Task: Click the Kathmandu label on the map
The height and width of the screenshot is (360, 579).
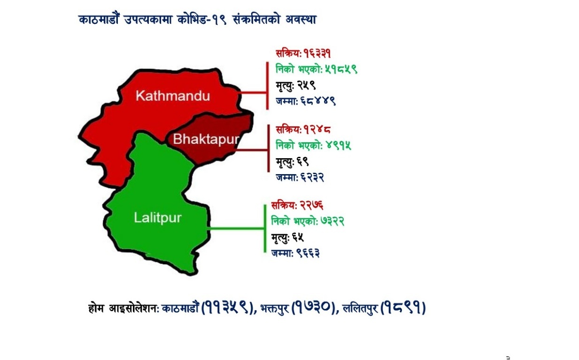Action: (x=173, y=96)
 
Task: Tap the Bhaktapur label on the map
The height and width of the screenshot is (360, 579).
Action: (x=206, y=139)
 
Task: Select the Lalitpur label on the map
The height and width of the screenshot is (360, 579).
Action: (x=158, y=218)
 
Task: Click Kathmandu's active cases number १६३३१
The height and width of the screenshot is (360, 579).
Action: (x=317, y=54)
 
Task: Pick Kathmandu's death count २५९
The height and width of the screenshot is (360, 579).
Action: (x=306, y=85)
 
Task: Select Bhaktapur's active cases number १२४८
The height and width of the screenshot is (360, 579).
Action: (x=317, y=129)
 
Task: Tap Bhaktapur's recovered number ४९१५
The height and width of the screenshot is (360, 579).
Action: (x=339, y=145)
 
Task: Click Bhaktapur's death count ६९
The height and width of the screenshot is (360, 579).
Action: (x=303, y=161)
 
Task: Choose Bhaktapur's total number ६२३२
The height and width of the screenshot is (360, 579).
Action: (x=312, y=177)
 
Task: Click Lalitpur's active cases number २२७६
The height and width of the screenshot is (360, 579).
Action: (x=311, y=206)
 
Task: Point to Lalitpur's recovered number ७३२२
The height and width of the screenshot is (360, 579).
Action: (x=332, y=221)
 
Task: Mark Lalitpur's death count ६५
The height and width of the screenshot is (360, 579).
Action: (x=298, y=237)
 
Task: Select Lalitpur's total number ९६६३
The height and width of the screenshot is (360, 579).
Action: (x=308, y=253)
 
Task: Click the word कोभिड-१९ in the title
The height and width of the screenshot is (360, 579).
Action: (x=202, y=20)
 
